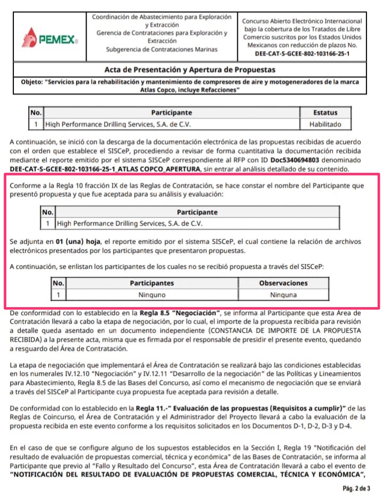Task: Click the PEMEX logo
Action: coord(51,38)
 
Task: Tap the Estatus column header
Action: coord(326,113)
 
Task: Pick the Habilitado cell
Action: coord(326,125)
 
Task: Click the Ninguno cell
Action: coord(152,294)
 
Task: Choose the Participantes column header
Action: coord(152,283)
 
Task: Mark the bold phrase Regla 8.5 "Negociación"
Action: coord(180,313)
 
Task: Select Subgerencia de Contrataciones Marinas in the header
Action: coord(162,50)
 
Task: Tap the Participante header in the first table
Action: coord(171,113)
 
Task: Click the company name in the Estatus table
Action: coord(118,125)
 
